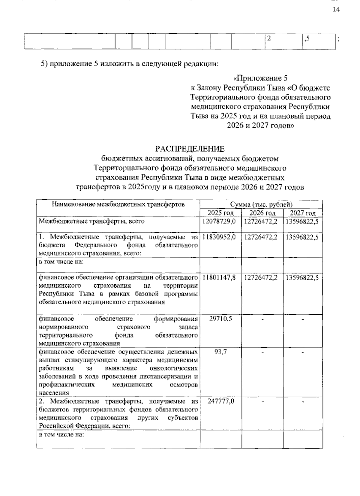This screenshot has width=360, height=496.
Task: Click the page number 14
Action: click(336, 10)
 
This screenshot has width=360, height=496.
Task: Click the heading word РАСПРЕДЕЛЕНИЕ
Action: click(189, 149)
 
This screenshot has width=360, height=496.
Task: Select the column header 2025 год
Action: click(220, 213)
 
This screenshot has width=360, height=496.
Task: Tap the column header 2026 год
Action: click(262, 213)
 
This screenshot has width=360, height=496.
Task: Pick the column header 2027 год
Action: click(303, 213)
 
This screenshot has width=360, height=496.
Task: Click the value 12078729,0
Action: click(219, 221)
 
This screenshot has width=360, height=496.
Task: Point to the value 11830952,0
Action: click(219, 237)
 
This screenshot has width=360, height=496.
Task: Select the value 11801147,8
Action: click(219, 278)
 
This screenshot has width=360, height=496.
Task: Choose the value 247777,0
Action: click(220, 401)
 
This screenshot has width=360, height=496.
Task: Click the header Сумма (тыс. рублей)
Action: click(261, 205)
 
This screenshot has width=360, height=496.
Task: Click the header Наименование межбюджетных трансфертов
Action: click(118, 205)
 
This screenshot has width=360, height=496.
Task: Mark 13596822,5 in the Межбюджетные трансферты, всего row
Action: click(302, 221)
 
